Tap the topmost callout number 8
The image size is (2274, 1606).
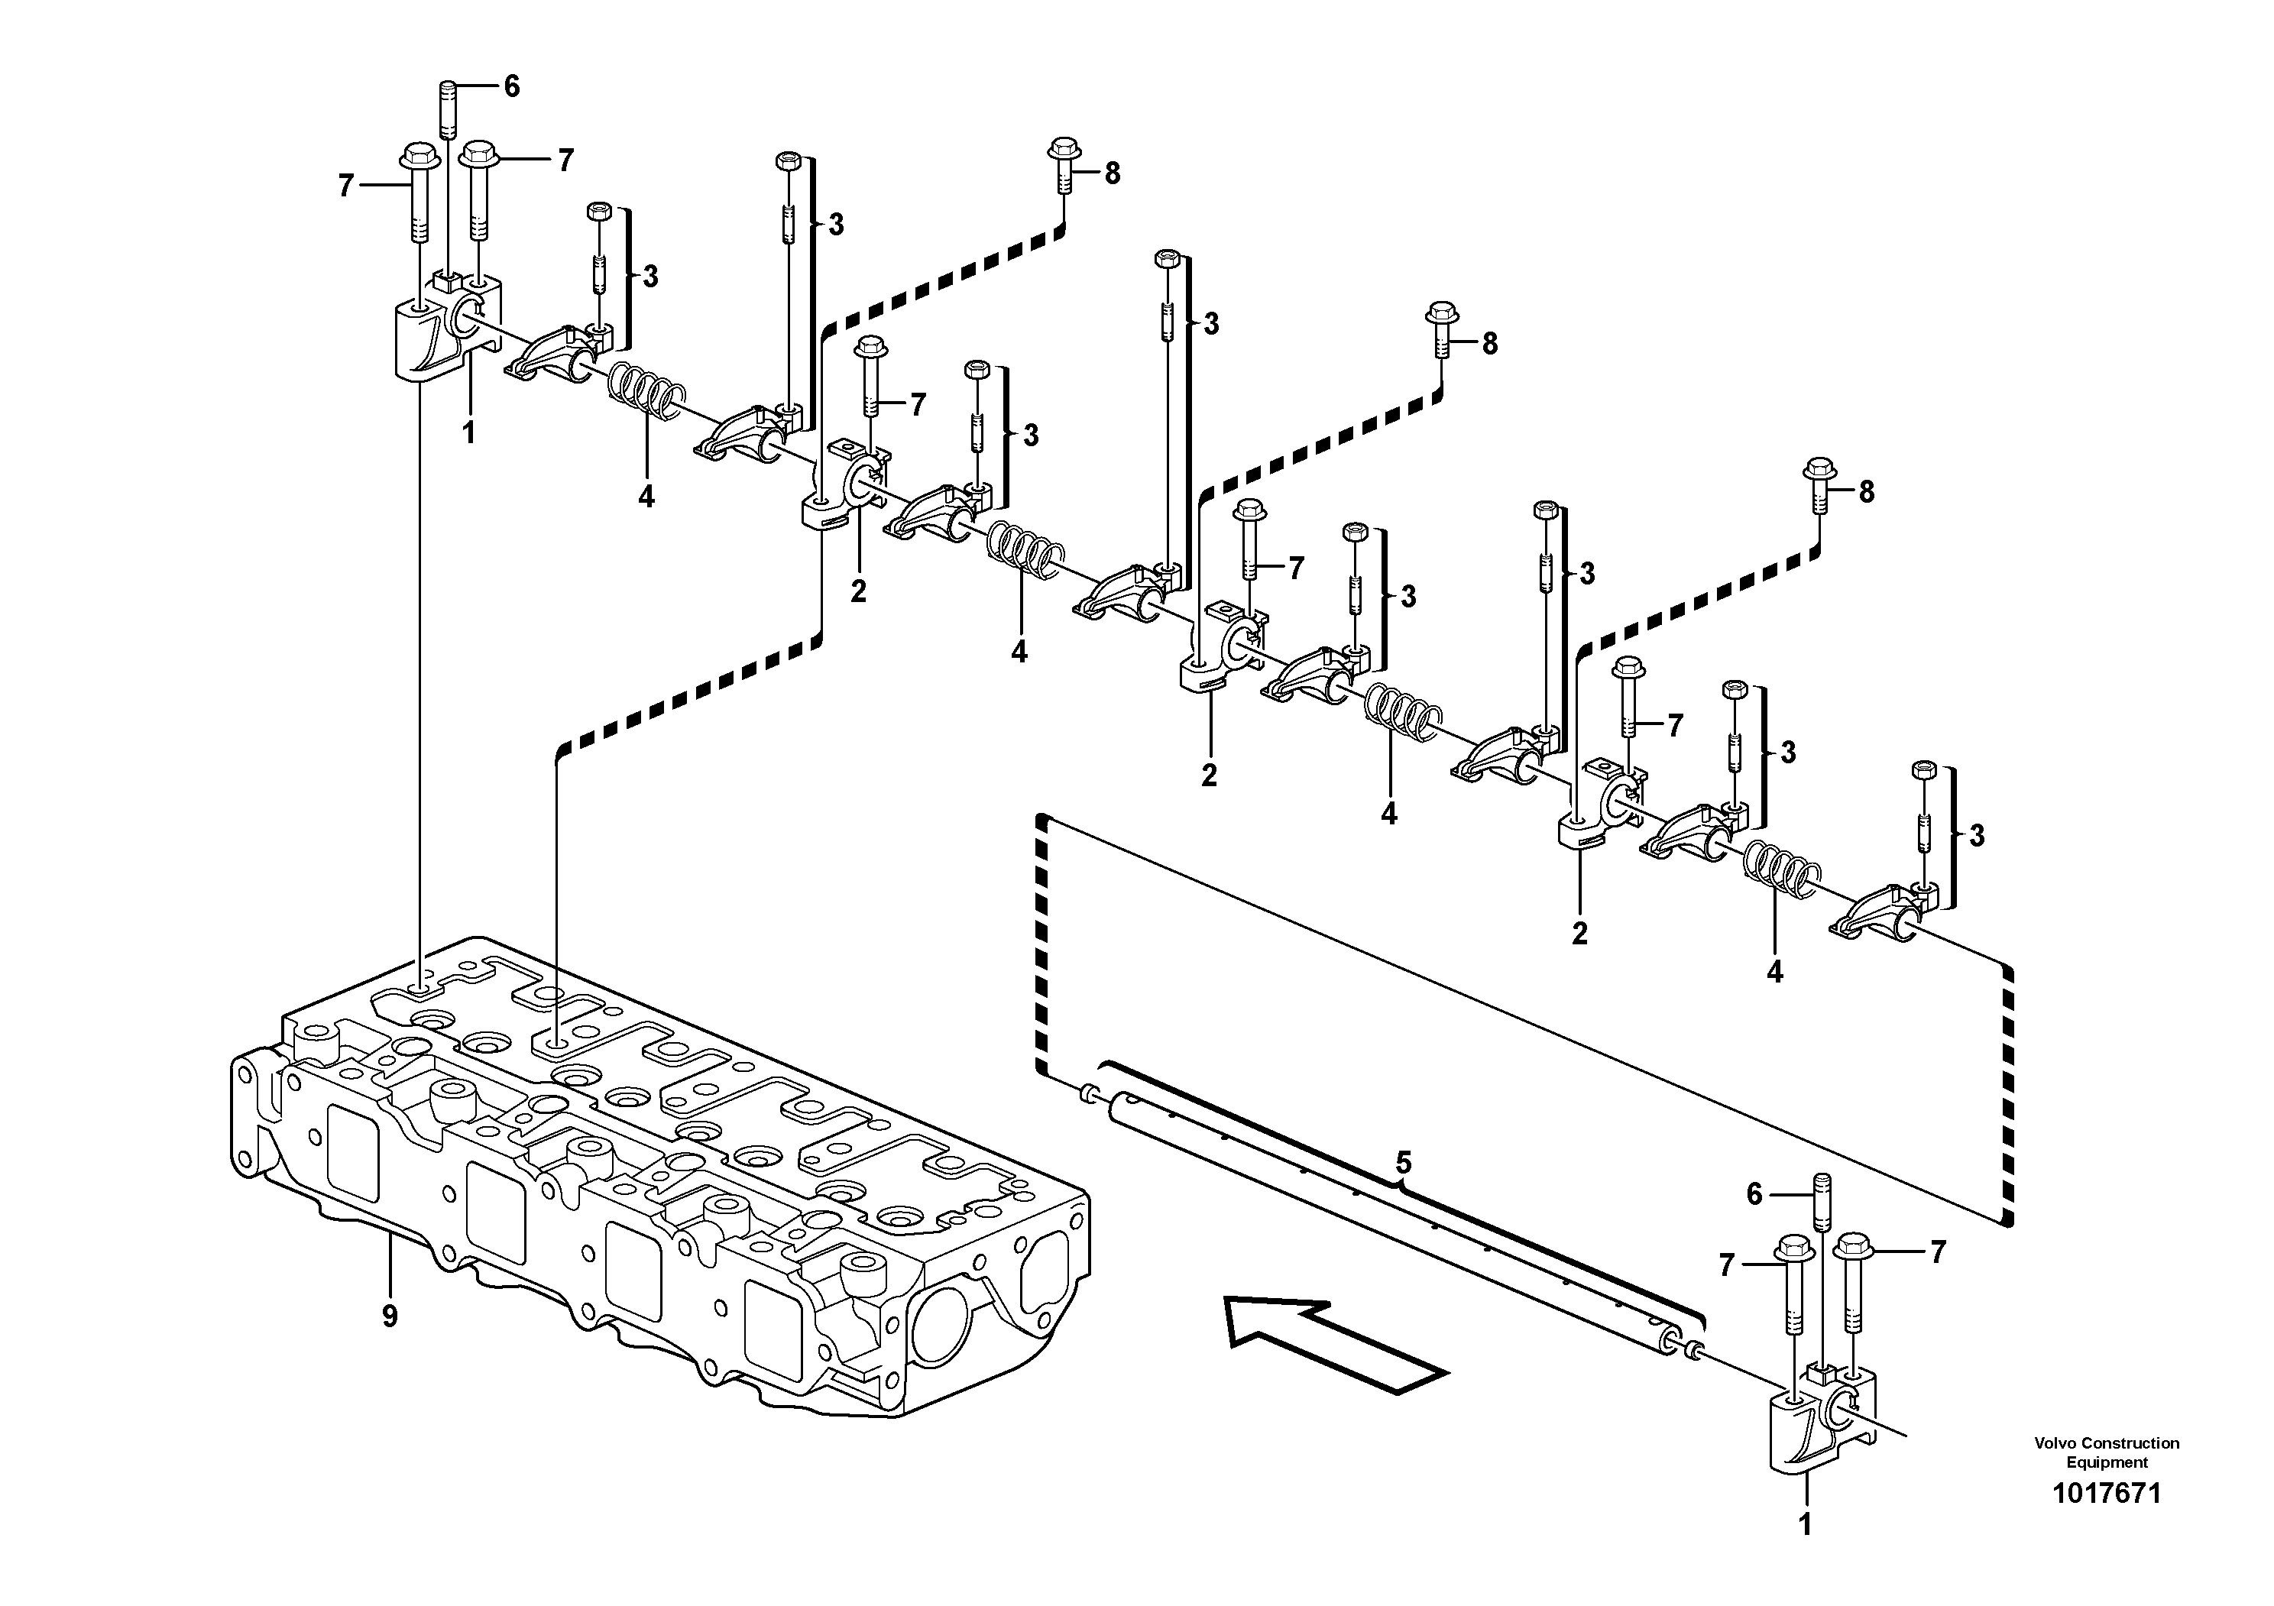1113,173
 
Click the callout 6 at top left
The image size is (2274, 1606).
511,87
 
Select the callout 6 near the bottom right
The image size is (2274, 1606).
1754,1195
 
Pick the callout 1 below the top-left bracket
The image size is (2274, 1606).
469,432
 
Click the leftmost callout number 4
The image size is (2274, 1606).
646,496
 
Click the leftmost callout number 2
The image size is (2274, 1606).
857,591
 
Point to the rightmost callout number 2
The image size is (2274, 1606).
1579,933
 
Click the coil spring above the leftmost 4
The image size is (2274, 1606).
645,388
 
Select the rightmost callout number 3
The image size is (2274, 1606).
1976,836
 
